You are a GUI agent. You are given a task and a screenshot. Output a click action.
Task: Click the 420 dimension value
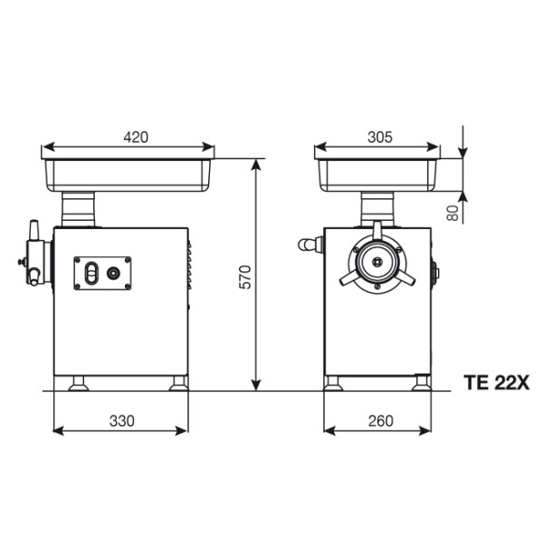pos(136,138)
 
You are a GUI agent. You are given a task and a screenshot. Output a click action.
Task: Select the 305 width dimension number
pos(380,138)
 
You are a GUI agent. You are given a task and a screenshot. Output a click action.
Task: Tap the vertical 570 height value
pos(245,277)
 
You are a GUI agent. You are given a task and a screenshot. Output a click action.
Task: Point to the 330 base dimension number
pos(122,421)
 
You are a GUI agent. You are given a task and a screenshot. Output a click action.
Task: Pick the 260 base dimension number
pos(381,421)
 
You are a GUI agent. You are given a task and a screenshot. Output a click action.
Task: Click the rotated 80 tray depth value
pos(452,213)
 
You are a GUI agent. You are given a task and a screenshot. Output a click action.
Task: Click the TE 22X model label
pos(497,383)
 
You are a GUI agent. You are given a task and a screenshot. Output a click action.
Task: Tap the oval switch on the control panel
pos(91,273)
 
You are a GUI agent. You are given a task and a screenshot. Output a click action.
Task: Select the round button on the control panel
pos(113,273)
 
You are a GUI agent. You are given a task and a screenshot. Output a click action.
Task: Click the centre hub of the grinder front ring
pos(377,262)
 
